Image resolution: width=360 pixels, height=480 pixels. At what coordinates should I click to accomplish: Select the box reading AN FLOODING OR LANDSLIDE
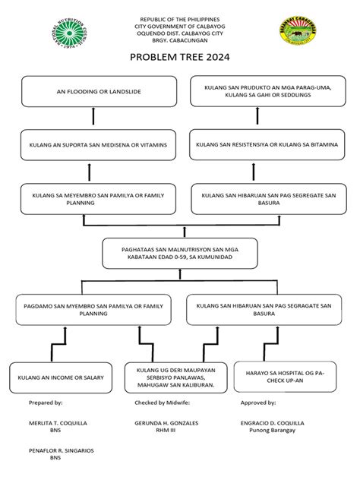point(93,91)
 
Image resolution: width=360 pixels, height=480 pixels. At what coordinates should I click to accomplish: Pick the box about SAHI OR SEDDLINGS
point(263,91)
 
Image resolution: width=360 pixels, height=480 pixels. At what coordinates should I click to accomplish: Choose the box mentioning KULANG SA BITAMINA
point(263,144)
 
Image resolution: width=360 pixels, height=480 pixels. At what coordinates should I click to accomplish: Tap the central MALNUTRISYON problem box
point(179,254)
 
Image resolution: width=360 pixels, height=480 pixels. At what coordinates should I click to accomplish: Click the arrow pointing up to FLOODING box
point(93,115)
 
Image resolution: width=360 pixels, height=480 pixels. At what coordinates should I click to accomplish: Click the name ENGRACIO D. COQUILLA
point(272,422)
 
